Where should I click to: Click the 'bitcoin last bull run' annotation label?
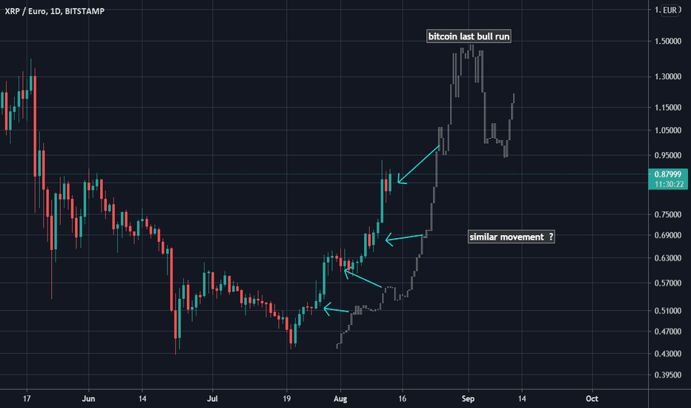pyautogui.click(x=468, y=36)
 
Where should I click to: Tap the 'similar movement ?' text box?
pyautogui.click(x=512, y=237)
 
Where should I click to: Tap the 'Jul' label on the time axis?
pyautogui.click(x=213, y=398)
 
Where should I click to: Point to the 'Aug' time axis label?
pyautogui.click(x=340, y=398)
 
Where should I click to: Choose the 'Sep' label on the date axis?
pyautogui.click(x=468, y=398)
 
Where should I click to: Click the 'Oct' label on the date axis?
pyautogui.click(x=592, y=398)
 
